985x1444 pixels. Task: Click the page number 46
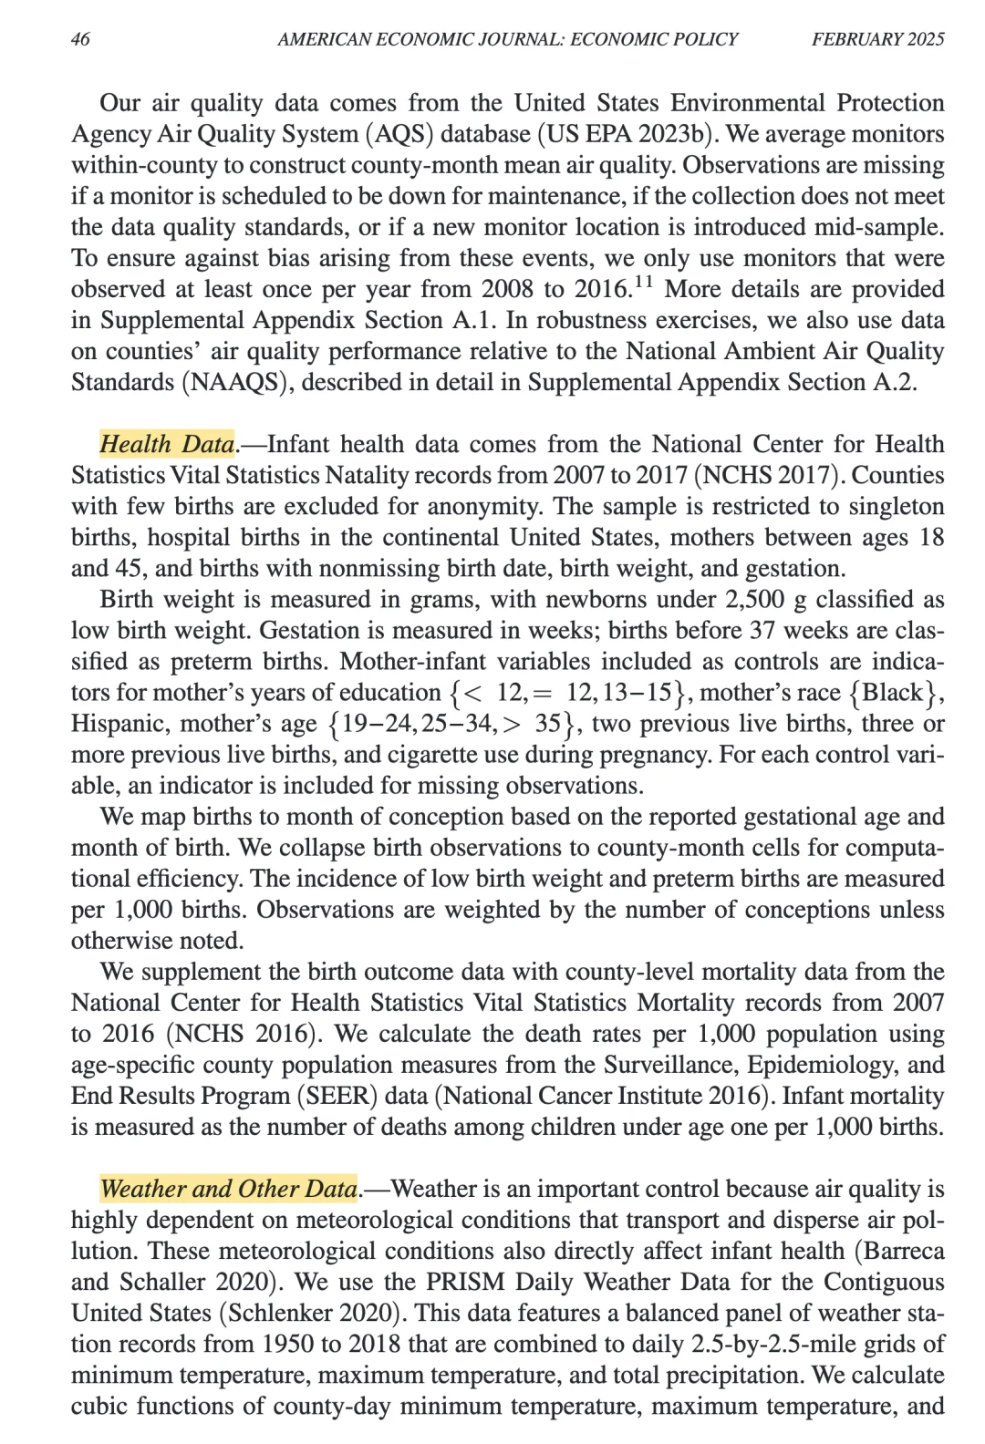[x=80, y=39]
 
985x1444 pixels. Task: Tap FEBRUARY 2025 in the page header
[x=877, y=39]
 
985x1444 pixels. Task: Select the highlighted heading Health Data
[x=167, y=444]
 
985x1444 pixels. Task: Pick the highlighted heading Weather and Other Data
[x=228, y=1189]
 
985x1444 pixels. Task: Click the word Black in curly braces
[x=893, y=692]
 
